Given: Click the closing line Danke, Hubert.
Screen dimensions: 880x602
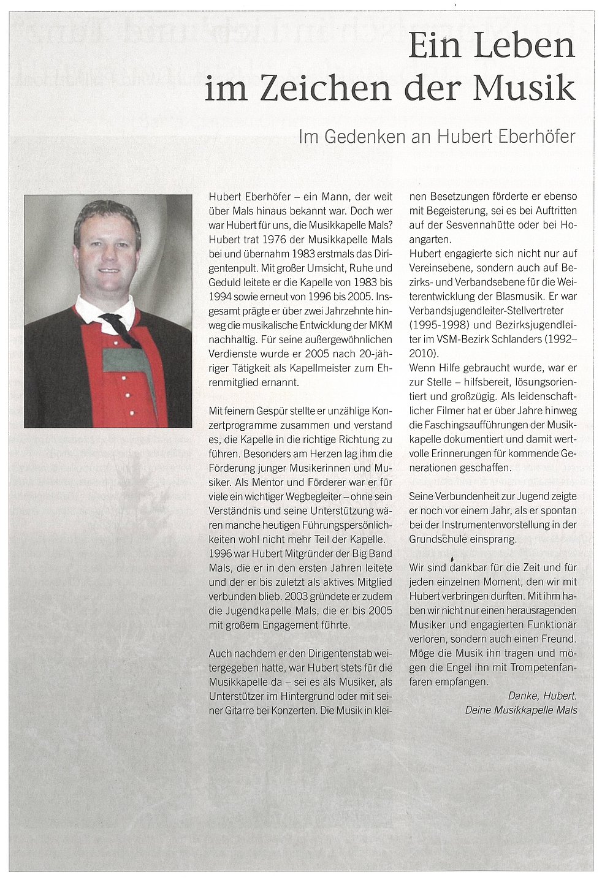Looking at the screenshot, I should pyautogui.click(x=543, y=696).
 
